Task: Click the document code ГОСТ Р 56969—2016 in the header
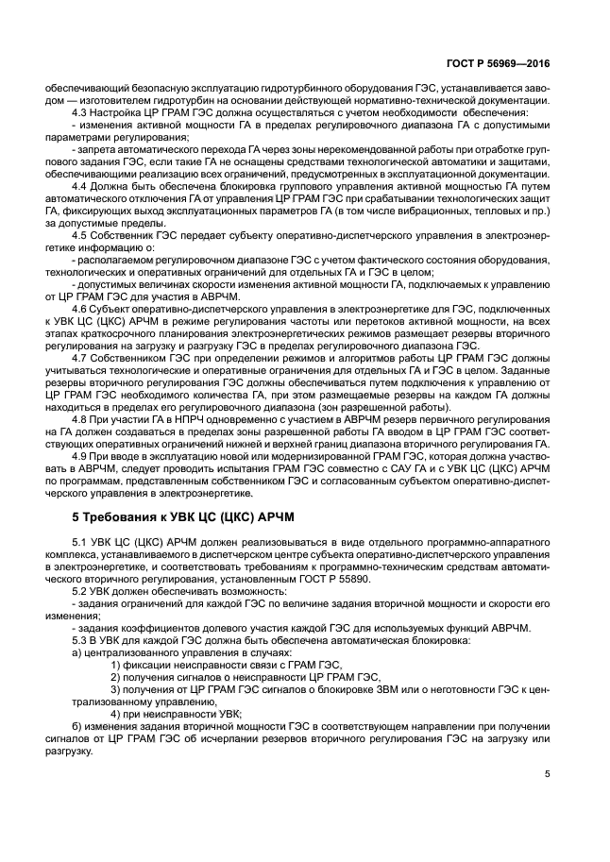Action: pos(499,65)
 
